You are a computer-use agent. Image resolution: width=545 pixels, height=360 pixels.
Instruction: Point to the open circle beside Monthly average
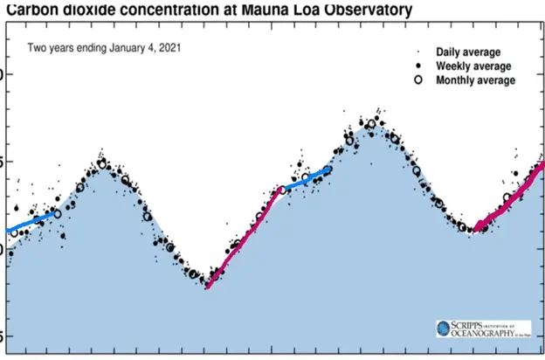pos(418,80)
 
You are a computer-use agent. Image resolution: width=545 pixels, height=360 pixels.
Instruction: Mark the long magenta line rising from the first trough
pos(245,237)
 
